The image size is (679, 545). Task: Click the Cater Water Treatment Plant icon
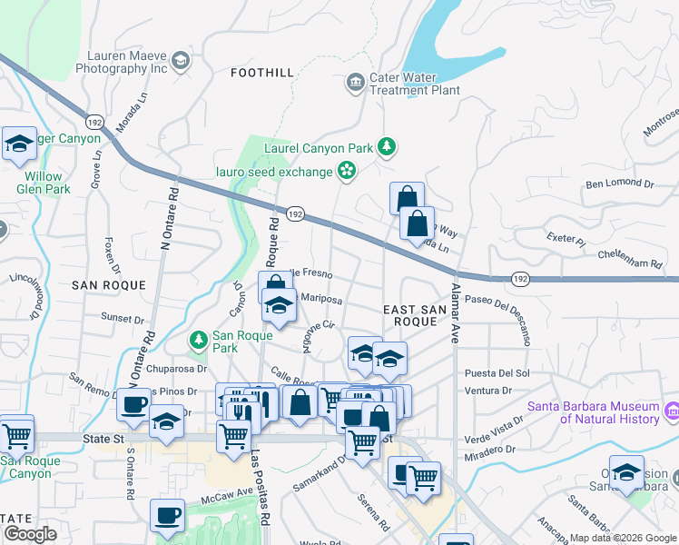pos(354,84)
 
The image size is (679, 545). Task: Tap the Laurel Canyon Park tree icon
pos(387,146)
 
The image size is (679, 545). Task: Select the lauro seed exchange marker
pos(346,169)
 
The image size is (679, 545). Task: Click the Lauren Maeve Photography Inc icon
pos(180,61)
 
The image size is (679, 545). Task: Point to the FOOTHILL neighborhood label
pos(261,72)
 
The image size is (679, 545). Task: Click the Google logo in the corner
pos(30,534)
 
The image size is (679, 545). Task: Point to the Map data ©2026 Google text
pos(622,538)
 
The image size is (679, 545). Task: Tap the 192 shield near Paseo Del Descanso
pos(517,278)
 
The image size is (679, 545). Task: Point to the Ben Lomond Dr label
pos(619,184)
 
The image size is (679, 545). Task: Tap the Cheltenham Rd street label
pos(630,263)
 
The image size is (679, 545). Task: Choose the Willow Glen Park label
pos(43,183)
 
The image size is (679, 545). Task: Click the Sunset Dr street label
pos(123,319)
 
